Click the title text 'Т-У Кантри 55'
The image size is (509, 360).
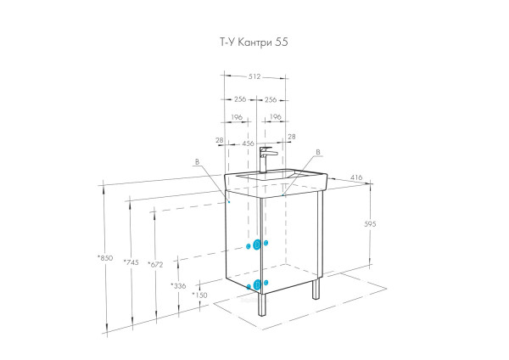pos(255,41)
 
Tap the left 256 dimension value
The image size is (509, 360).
pos(240,99)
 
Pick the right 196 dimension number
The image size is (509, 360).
pos(275,117)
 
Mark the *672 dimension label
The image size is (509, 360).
pos(154,264)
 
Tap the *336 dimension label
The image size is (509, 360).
pos(178,286)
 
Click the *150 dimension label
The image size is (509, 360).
pos(199,295)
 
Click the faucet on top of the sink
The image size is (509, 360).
pos(266,159)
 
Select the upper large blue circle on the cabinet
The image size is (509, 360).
pos(256,245)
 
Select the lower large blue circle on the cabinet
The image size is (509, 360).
pos(257,283)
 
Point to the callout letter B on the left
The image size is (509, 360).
pos(198,160)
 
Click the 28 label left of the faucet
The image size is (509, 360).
pos(219,141)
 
